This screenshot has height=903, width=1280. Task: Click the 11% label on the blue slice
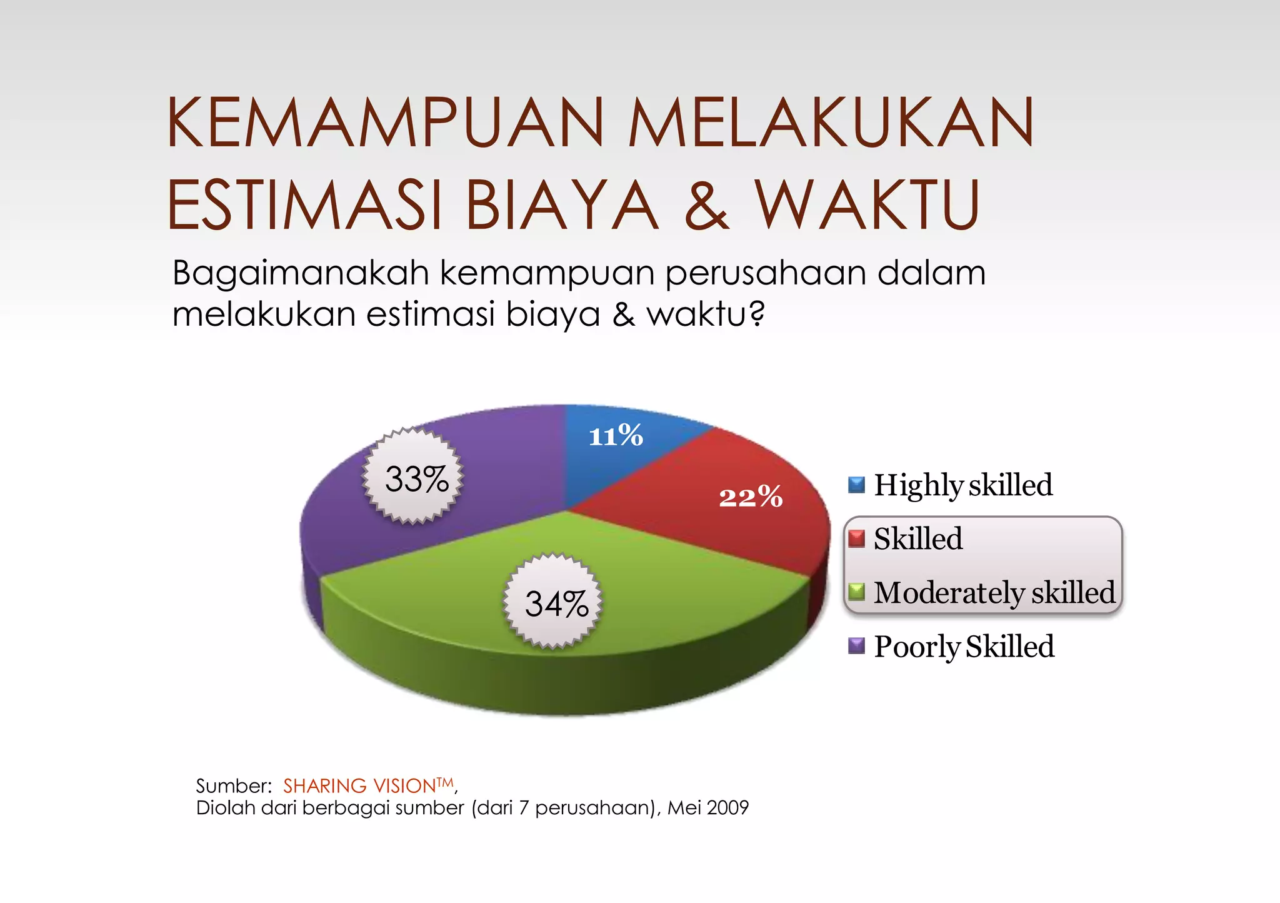point(616,436)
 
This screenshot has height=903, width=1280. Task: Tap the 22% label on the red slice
point(751,498)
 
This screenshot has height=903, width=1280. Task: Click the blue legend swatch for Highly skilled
point(856,485)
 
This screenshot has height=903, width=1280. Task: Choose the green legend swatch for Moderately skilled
point(856,592)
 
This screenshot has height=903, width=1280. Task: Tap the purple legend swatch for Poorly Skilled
point(856,645)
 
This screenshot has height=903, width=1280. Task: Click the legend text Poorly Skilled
point(964,646)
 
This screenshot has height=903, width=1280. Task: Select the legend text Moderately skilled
point(994,592)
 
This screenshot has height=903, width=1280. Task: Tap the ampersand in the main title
point(706,205)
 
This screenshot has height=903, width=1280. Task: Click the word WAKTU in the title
point(867,205)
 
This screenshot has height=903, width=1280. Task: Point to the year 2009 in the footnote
point(728,808)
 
